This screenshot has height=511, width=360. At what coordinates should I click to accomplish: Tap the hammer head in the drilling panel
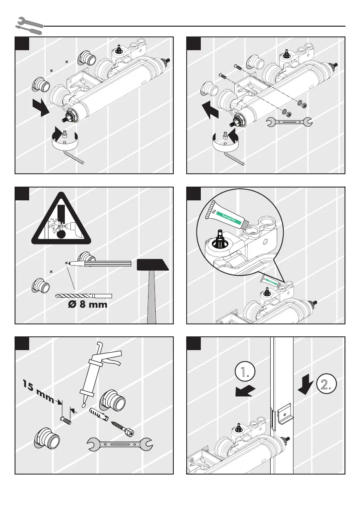[x=153, y=265]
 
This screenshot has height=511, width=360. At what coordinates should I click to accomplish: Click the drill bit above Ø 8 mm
[x=84, y=296]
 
